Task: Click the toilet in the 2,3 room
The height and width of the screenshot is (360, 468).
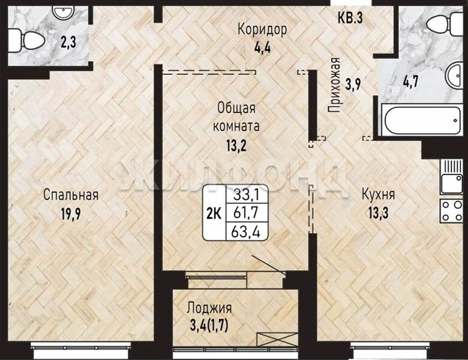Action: (x=26, y=40)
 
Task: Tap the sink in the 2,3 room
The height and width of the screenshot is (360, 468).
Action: (x=62, y=12)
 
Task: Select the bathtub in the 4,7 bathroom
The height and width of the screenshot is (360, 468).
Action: (x=422, y=120)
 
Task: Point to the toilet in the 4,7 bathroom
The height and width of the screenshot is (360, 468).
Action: (x=446, y=23)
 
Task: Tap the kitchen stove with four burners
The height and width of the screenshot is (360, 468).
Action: (x=451, y=211)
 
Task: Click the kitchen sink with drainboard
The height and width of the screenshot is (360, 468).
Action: (x=451, y=177)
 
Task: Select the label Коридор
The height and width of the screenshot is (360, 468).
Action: (x=262, y=29)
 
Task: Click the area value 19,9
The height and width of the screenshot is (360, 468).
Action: (x=71, y=214)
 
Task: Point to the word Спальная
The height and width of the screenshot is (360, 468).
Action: (x=71, y=194)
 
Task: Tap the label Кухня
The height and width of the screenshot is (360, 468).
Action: (x=378, y=194)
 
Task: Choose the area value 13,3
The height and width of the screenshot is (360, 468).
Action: (x=378, y=213)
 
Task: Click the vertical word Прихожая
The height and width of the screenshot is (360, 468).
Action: (x=335, y=85)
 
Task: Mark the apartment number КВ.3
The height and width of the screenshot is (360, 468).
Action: (x=350, y=17)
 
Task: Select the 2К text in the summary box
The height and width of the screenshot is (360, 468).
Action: (x=214, y=214)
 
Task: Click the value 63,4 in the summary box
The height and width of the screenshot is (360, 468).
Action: (x=245, y=232)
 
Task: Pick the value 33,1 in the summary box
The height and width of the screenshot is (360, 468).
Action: (x=246, y=195)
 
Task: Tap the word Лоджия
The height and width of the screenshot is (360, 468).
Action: (x=209, y=308)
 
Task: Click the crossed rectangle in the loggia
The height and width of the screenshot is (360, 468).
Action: (x=277, y=339)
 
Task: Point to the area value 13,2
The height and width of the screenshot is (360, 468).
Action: (x=236, y=146)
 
